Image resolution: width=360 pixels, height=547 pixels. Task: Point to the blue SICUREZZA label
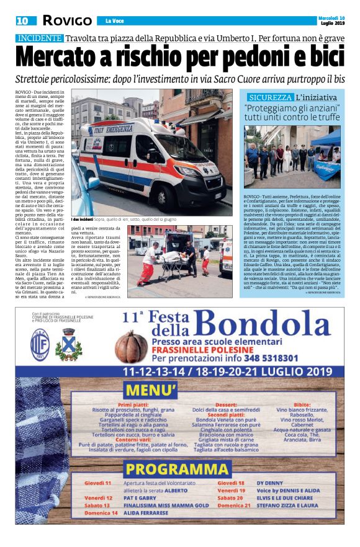point(270,98)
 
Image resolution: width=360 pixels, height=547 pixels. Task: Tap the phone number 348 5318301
point(249,358)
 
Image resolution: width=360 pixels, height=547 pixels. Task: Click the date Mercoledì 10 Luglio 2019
point(336,20)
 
